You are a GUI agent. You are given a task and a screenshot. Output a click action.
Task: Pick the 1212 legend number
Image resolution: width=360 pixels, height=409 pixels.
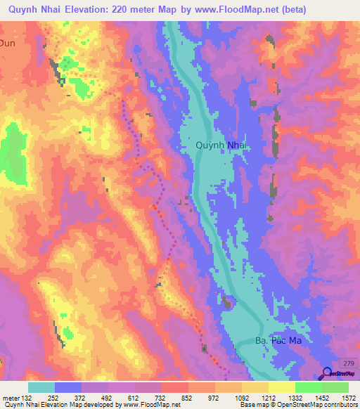(x=268, y=397)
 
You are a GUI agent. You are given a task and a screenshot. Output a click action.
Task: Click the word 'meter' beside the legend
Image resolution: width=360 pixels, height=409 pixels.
(x=10, y=397)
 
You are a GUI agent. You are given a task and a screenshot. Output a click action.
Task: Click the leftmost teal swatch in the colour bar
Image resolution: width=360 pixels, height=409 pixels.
(x=41, y=387)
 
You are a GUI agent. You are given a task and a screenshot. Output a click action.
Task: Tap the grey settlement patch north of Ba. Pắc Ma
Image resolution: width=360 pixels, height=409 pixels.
(x=227, y=303)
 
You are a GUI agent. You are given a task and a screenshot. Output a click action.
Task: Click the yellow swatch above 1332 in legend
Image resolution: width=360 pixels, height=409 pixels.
(x=282, y=387)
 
